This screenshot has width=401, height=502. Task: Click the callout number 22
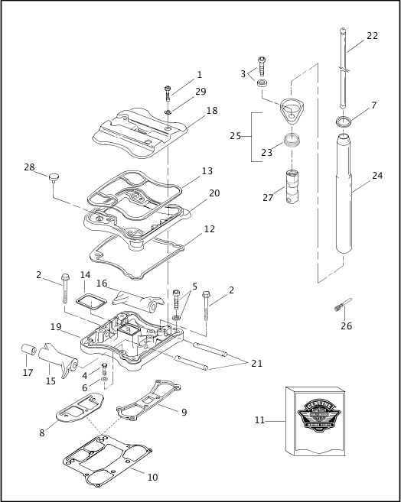[x=372, y=36]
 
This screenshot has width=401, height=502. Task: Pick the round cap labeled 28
[x=54, y=178]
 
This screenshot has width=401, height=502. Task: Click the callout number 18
[x=211, y=111]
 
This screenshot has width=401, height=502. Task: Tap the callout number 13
[x=207, y=172]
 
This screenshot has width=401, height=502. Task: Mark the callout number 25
[x=235, y=135]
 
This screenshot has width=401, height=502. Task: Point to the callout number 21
[x=256, y=364]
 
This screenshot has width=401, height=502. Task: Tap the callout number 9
[x=184, y=413]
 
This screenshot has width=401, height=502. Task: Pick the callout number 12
[x=209, y=228]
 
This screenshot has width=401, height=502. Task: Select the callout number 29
[x=200, y=92]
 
